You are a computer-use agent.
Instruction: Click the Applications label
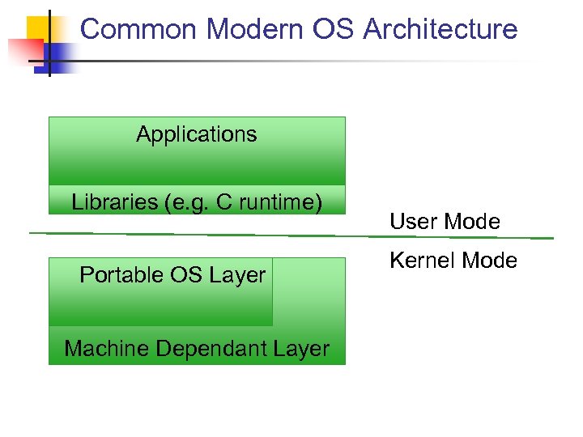coord(196,134)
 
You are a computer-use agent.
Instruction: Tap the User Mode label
coord(445,222)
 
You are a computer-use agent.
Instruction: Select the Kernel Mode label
coord(453,261)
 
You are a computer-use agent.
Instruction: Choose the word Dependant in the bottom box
coord(215,349)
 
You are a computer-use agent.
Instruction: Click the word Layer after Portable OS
coord(240,275)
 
